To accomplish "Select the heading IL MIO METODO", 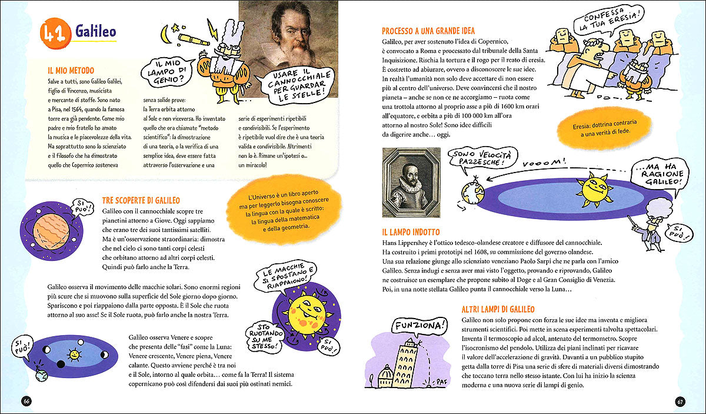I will pyautogui.click(x=71, y=69).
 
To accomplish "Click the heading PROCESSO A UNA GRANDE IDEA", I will pyautogui.click(x=428, y=31).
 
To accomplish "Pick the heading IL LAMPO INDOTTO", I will pyautogui.click(x=411, y=232).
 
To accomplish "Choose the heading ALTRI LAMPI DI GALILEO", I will pyautogui.click(x=498, y=309).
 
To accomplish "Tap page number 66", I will pyautogui.click(x=25, y=401).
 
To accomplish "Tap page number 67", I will pyautogui.click(x=680, y=401).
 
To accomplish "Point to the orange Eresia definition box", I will pyautogui.click(x=606, y=130).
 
